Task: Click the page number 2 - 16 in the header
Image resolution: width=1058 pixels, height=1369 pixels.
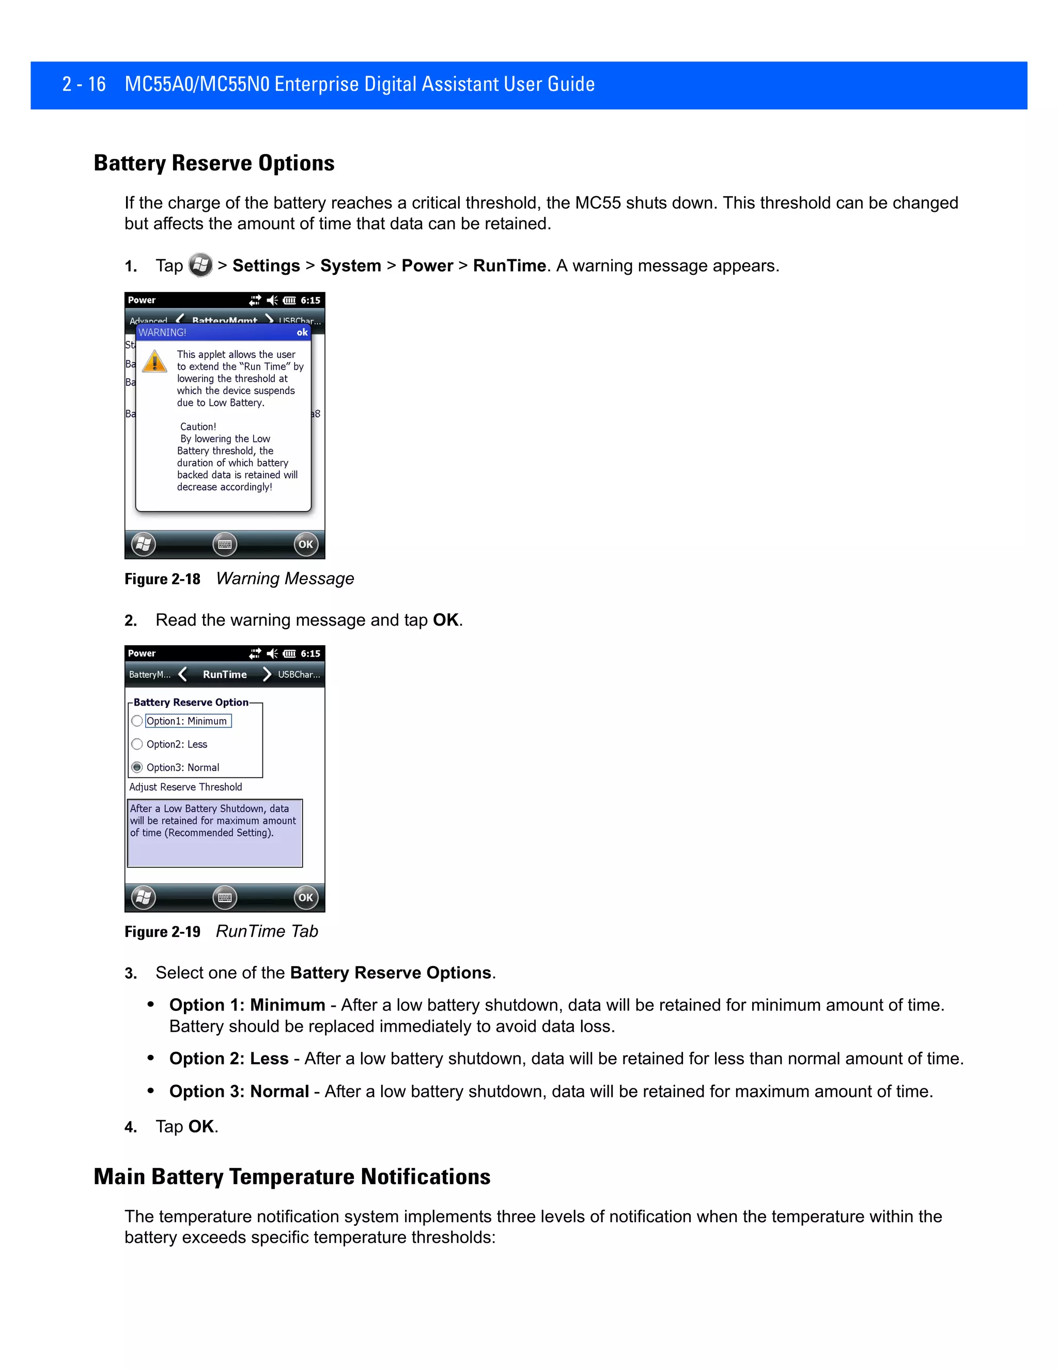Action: (84, 84)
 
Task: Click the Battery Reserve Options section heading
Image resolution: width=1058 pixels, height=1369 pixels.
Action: (214, 163)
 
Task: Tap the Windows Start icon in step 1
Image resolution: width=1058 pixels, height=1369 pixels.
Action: (200, 265)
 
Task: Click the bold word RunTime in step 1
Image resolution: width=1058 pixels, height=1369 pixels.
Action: (509, 266)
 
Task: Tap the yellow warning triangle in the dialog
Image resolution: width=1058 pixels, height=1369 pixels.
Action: (154, 362)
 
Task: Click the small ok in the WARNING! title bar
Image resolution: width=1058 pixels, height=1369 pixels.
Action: (302, 332)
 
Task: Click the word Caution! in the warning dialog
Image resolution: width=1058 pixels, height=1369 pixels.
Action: (198, 427)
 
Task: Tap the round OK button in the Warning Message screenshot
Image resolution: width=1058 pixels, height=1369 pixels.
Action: (305, 544)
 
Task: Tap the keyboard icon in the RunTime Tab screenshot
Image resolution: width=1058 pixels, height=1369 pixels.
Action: (224, 898)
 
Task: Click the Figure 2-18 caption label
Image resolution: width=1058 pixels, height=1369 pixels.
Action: (162, 579)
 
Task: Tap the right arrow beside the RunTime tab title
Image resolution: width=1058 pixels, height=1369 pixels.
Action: (267, 675)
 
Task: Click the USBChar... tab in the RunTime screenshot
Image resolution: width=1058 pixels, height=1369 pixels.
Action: (299, 675)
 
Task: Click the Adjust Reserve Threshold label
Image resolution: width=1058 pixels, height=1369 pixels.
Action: (185, 787)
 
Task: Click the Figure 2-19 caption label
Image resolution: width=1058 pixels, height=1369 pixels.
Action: (162, 932)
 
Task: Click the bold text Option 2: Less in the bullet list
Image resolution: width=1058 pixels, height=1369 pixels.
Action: (229, 1059)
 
